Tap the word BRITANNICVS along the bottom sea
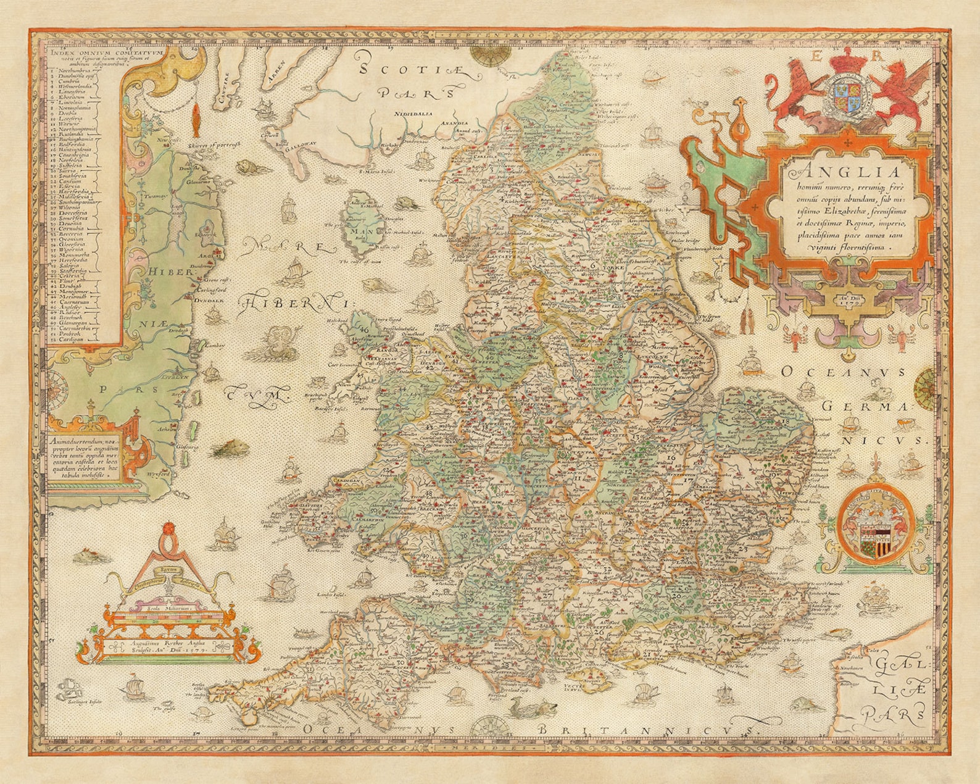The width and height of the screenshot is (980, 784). tap(647, 730)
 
